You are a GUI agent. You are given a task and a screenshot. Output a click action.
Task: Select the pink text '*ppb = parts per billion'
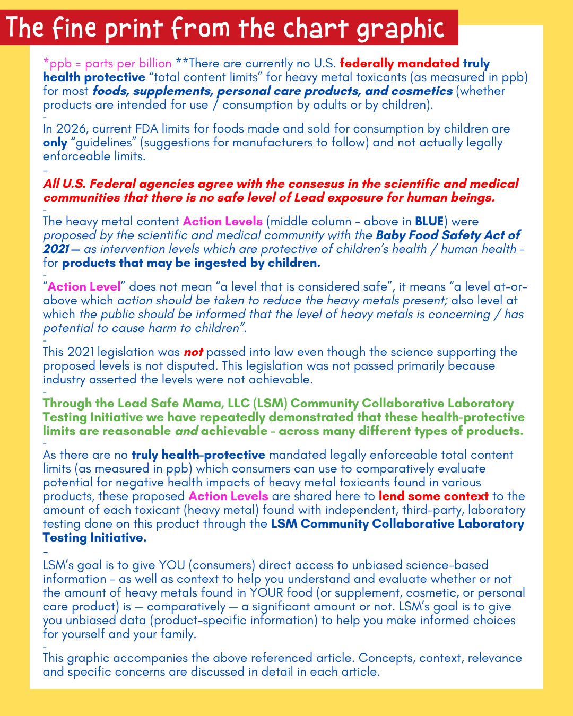(x=107, y=64)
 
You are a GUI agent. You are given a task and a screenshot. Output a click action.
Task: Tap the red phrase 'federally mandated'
(x=400, y=64)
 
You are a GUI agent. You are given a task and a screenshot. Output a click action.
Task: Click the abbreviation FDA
(x=166, y=129)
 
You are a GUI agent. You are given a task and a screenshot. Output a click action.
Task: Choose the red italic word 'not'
(x=193, y=352)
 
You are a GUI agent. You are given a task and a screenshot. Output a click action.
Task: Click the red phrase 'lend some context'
(x=433, y=496)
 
